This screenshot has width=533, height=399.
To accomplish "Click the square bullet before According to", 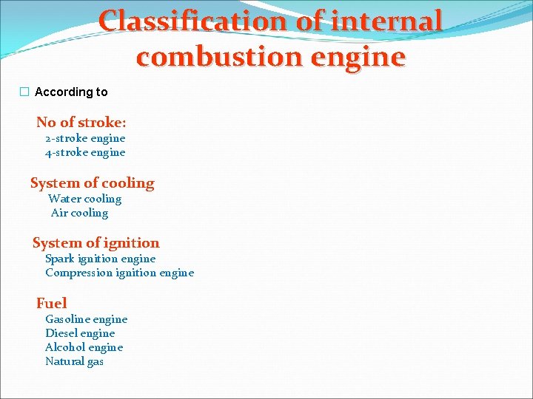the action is click(x=24, y=92).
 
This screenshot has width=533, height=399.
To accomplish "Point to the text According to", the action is click(x=71, y=92).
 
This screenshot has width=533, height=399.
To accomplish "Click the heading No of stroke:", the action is click(x=81, y=123).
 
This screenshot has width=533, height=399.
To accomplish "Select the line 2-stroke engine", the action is click(x=85, y=138).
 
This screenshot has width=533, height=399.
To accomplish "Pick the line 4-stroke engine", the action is click(x=85, y=152).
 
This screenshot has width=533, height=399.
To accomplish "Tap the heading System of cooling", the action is click(x=93, y=183).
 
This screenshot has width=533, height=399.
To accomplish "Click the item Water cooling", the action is click(x=84, y=199).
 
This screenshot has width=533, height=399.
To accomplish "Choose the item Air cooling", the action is click(x=79, y=213).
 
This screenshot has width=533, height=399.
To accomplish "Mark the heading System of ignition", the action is click(x=95, y=243).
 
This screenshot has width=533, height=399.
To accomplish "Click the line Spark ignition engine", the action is click(x=100, y=259).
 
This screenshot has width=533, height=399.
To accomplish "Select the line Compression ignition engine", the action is click(x=119, y=273).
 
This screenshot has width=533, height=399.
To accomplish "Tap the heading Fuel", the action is click(x=51, y=303).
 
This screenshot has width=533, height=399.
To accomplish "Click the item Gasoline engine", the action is click(x=86, y=319).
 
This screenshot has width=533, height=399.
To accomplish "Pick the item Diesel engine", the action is click(x=80, y=333).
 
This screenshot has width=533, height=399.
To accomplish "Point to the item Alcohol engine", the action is click(x=84, y=347).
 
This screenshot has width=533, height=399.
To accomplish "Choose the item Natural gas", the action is click(x=74, y=361).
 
